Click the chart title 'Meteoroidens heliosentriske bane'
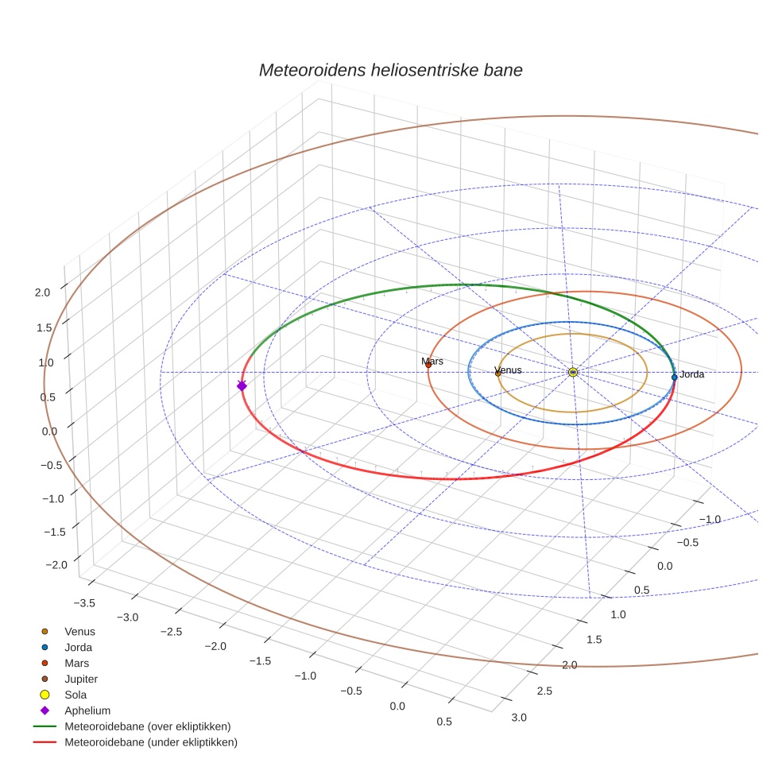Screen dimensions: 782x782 (390, 70)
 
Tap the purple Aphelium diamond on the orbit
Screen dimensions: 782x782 (242, 385)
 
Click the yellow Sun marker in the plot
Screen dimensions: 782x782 (572, 372)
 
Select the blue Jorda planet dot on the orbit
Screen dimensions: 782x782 (674, 377)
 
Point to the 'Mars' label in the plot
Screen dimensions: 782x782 (432, 362)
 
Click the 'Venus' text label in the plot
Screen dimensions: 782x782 (509, 370)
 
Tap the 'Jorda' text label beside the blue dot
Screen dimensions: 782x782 (692, 374)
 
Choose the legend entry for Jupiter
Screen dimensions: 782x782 (80, 679)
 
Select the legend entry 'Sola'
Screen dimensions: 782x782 (75, 695)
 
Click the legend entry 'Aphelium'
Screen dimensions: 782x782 (87, 710)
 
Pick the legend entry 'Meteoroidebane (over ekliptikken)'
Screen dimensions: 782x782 (147, 726)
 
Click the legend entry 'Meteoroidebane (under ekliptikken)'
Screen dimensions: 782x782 (150, 742)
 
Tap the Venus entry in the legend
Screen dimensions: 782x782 (79, 632)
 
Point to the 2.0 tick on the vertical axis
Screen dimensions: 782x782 (42, 292)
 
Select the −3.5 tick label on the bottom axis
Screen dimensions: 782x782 (83, 603)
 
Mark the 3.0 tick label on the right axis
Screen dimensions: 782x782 (518, 718)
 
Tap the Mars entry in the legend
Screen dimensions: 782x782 (76, 663)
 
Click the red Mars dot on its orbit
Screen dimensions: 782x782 (428, 365)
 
